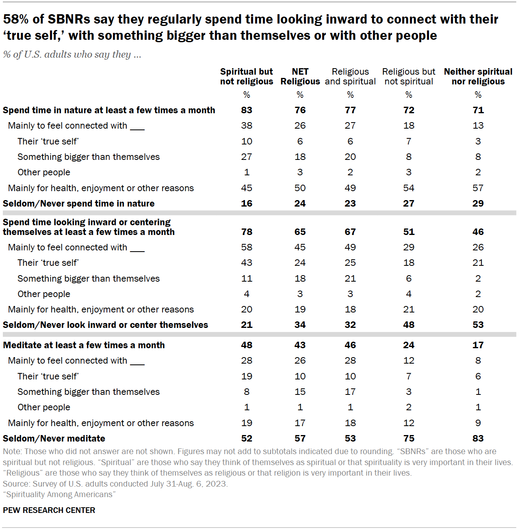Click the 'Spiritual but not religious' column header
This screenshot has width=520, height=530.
coord(247,76)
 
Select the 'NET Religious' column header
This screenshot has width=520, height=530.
coord(300,76)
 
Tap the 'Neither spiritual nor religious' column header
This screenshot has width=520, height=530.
coord(478,76)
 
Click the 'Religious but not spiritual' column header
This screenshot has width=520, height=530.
coord(408,76)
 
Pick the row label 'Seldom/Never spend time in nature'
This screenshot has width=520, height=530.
coord(79,204)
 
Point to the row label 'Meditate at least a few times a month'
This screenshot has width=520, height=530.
coord(84,345)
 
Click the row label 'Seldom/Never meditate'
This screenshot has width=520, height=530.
coord(54,439)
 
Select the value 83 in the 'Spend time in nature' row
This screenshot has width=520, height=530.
coord(247,110)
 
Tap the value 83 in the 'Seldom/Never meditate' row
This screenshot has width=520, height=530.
coord(478,439)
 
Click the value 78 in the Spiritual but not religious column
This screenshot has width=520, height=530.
coord(247,232)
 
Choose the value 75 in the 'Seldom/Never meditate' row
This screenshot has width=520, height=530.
coord(409,439)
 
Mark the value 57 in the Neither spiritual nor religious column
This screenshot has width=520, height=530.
coord(478,188)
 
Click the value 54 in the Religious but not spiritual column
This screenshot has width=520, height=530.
coord(409,188)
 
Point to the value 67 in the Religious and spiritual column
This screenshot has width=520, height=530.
coord(350,232)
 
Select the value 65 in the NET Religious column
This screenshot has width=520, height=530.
coord(300,232)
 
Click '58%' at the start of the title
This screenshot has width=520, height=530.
coord(17,19)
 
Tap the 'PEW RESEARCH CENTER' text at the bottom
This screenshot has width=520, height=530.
coord(49,511)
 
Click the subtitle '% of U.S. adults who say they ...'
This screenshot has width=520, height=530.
coord(72,55)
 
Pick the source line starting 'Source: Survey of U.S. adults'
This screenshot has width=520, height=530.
coord(115,484)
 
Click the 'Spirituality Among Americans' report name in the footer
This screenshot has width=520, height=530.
coord(59,494)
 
